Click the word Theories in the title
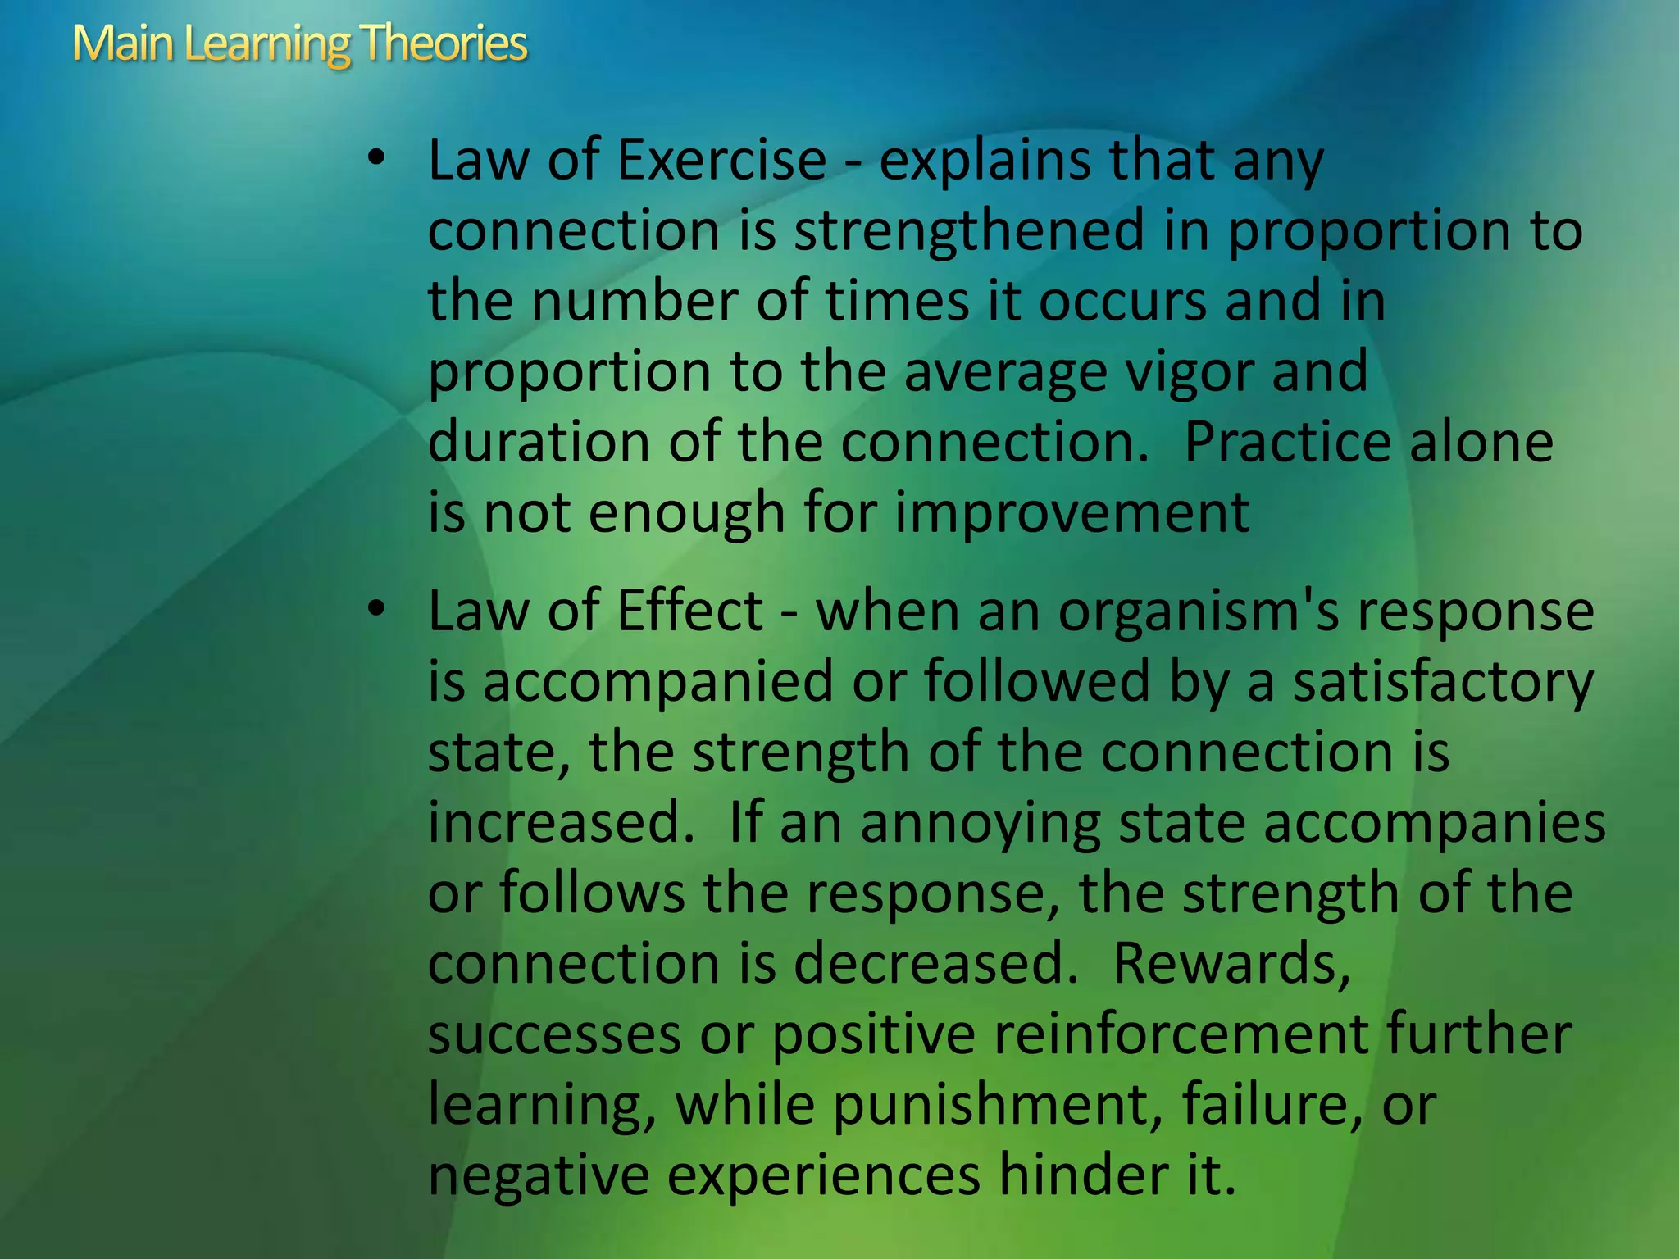click(443, 43)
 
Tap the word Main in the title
click(122, 43)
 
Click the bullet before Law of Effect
click(375, 609)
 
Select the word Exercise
click(721, 160)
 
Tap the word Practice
click(1287, 442)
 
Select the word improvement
click(1072, 514)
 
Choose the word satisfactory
click(1443, 683)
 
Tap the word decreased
click(935, 963)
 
